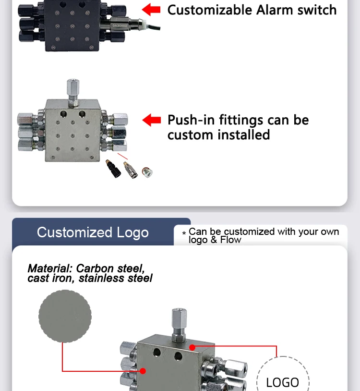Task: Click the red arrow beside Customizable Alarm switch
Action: tap(151, 10)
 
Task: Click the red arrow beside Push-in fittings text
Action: tap(152, 120)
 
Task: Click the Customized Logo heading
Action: tap(93, 232)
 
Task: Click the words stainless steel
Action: tap(115, 278)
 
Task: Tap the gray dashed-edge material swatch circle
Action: tap(65, 316)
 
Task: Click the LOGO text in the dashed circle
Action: tap(283, 382)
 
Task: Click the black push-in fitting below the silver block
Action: tap(113, 169)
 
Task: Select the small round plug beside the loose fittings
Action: tap(147, 172)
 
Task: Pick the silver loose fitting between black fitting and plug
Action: tap(130, 170)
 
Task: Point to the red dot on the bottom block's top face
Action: tap(192, 347)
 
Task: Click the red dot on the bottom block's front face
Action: tap(143, 371)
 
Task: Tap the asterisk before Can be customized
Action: tap(184, 233)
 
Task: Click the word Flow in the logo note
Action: tap(231, 240)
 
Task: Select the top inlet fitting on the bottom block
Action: tap(179, 325)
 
